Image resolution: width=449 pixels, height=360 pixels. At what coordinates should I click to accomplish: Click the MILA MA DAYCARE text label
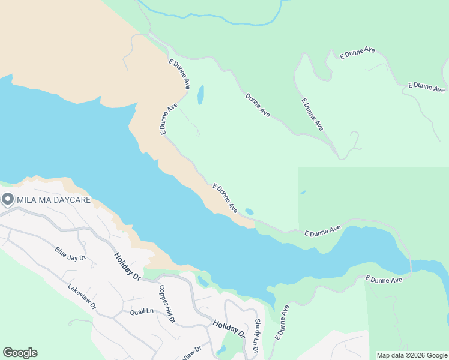[x=53, y=200]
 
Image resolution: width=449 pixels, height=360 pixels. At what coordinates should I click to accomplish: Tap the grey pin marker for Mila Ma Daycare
[x=7, y=200]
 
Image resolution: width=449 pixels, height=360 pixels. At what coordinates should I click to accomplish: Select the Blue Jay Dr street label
[x=70, y=254]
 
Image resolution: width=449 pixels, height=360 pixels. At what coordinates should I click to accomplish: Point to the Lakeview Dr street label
[x=82, y=296]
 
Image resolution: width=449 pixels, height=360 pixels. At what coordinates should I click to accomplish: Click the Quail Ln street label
[x=142, y=311]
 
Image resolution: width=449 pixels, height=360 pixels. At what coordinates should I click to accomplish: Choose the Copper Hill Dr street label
[x=166, y=304]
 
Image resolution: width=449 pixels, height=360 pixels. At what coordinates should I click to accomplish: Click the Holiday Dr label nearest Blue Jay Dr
[x=127, y=265]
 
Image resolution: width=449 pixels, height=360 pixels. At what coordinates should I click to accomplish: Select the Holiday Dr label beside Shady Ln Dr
[x=229, y=328]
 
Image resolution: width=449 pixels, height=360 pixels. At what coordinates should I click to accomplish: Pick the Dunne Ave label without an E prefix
[x=258, y=104]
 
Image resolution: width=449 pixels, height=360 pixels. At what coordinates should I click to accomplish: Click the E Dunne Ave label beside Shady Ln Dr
[x=282, y=323]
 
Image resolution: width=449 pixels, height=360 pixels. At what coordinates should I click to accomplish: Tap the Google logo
[x=20, y=353]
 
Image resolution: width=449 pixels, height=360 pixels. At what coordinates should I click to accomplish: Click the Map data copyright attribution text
[x=411, y=355]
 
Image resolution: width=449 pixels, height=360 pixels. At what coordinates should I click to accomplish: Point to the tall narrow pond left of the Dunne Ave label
[x=200, y=95]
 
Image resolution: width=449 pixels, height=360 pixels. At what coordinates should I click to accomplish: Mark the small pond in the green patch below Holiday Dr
[x=221, y=350]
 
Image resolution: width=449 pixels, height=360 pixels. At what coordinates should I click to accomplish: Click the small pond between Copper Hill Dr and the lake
[x=203, y=281]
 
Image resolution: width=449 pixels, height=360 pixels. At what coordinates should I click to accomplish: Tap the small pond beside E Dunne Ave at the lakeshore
[x=249, y=212]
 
